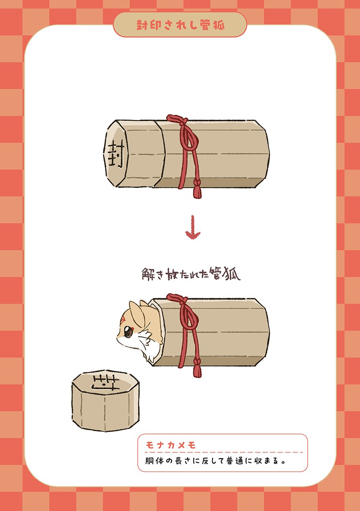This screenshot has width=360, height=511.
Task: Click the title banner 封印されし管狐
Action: tap(180, 25)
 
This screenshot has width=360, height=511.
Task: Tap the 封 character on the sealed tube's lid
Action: tap(116, 153)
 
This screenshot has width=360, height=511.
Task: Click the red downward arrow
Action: tap(193, 227)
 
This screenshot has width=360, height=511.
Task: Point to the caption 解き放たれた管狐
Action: tap(191, 274)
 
